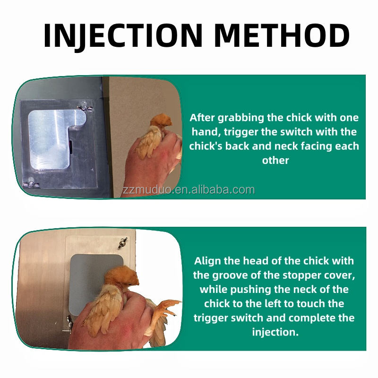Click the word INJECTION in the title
123,36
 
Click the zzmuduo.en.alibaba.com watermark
188,190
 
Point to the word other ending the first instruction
275,160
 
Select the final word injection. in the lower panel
275,332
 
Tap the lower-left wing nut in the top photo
31,183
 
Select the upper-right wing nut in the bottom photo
122,243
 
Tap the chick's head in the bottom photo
122,277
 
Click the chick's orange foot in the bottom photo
166,308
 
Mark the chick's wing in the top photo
148,143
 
